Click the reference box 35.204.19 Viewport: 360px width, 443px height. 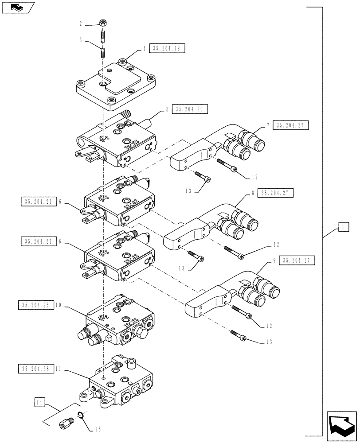[168, 49]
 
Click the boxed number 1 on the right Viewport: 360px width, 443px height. [343, 228]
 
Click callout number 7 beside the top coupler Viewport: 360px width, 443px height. [268, 126]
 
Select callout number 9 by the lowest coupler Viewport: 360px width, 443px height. [274, 261]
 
